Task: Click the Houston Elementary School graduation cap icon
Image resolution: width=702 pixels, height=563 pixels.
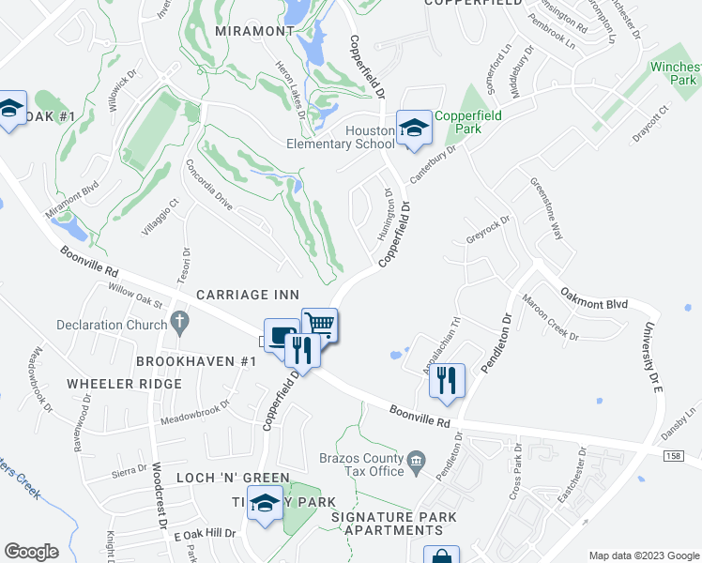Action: pyautogui.click(x=413, y=128)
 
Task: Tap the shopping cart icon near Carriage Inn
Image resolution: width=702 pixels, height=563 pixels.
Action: pyautogui.click(x=319, y=326)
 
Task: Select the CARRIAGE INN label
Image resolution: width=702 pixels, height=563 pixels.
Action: pyautogui.click(x=246, y=295)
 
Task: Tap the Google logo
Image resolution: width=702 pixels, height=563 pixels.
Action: pyautogui.click(x=32, y=551)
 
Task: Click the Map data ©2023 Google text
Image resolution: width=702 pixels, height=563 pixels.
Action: pyautogui.click(x=643, y=555)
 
